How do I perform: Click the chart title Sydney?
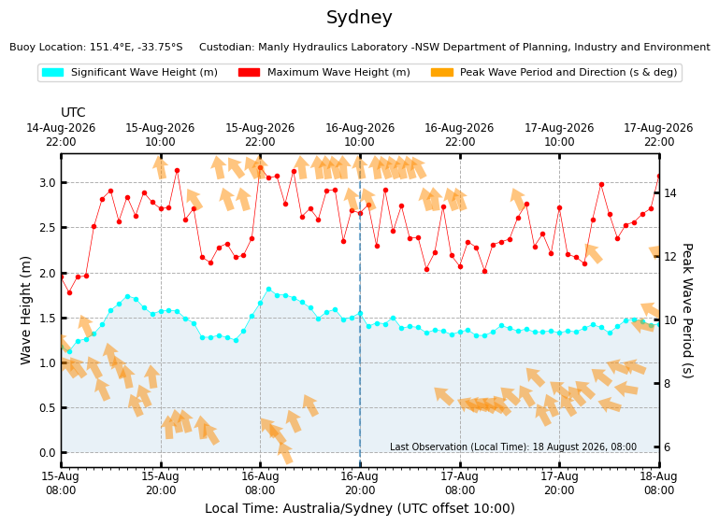(359, 18)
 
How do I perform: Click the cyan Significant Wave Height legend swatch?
(52, 72)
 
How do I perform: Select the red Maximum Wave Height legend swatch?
(249, 72)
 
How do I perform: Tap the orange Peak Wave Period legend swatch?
(442, 72)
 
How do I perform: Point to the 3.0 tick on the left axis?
(48, 183)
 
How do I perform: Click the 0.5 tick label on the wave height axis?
(48, 407)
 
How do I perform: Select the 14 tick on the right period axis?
(670, 192)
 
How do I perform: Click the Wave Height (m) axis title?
(25, 310)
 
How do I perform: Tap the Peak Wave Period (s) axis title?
(687, 310)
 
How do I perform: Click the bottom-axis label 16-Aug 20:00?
(359, 483)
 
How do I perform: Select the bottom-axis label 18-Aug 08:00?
(658, 483)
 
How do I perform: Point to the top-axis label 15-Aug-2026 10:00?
(160, 135)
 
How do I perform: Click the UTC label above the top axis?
(73, 112)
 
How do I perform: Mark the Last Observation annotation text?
(513, 447)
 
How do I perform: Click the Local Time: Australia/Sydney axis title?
(360, 508)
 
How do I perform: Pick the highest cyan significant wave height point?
(268, 290)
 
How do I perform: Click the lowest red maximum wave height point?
(70, 292)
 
